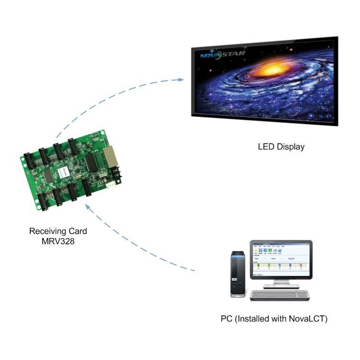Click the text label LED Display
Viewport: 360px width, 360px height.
pos(281,147)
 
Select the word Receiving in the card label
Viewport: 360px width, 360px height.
pos(47,231)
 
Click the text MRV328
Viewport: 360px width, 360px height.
pos(58,241)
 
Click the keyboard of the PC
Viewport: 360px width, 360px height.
pos(280,295)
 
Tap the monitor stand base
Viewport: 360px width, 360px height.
pos(281,285)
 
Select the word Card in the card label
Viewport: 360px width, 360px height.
pos(77,231)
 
